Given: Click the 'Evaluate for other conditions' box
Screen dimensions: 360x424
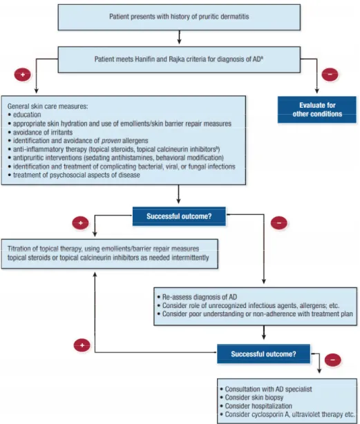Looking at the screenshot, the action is coord(317,110).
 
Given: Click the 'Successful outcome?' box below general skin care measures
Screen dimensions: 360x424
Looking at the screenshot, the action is coord(179,216).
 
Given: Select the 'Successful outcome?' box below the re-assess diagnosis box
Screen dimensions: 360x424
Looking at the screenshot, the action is coord(263,354).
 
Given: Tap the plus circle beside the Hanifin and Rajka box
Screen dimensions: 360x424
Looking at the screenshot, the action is coord(23,75).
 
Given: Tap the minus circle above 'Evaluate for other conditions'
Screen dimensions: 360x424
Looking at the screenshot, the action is coord(330,75).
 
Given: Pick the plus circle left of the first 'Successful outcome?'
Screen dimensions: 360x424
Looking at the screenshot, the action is coord(80,223).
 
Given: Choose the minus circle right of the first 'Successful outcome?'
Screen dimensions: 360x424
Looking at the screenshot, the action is coord(279,223).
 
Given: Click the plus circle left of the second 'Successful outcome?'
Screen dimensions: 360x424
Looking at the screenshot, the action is coord(82,345).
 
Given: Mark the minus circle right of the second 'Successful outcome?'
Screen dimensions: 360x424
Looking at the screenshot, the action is coord(332,360).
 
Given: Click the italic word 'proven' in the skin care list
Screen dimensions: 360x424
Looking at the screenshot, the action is coord(111,141).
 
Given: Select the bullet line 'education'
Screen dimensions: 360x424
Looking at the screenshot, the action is coord(25,115).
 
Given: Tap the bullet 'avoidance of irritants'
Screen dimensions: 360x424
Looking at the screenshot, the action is coord(40,132).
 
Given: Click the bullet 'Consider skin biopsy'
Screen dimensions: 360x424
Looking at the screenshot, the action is coord(252,397).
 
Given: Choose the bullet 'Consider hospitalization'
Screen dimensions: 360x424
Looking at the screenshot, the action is coord(256,406).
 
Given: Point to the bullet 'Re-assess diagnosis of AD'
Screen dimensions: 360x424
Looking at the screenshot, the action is coord(197,297).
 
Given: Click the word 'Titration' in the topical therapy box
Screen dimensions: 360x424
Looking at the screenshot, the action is coord(19,249).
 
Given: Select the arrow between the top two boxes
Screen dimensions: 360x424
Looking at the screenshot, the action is coord(179,37).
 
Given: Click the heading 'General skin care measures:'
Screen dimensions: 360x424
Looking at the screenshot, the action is coord(48,106).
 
